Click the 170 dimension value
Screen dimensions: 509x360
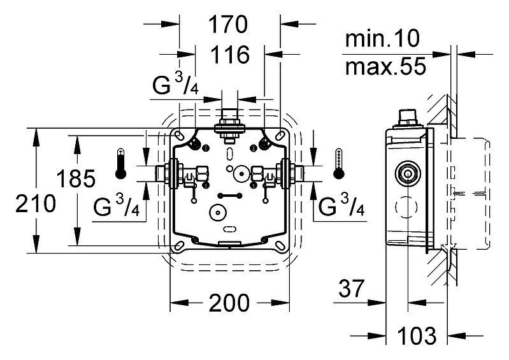click(228, 24)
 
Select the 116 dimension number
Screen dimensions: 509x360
click(230, 54)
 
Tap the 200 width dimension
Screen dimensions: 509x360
click(229, 303)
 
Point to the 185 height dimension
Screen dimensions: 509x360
click(76, 178)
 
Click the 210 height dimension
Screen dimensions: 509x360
click(36, 204)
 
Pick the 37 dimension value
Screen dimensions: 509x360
click(352, 288)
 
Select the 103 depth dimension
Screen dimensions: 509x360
click(417, 336)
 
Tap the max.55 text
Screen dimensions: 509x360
click(385, 66)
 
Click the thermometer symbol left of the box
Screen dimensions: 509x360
click(121, 164)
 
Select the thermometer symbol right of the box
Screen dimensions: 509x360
click(339, 164)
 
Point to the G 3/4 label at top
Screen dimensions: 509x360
click(175, 84)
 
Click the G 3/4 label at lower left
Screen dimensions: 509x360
click(117, 206)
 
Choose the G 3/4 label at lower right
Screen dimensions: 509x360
click(341, 206)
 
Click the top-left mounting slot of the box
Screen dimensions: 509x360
click(178, 134)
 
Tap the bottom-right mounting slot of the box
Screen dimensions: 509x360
click(280, 245)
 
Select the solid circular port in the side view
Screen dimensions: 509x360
click(408, 173)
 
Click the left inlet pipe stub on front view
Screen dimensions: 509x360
click(161, 174)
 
